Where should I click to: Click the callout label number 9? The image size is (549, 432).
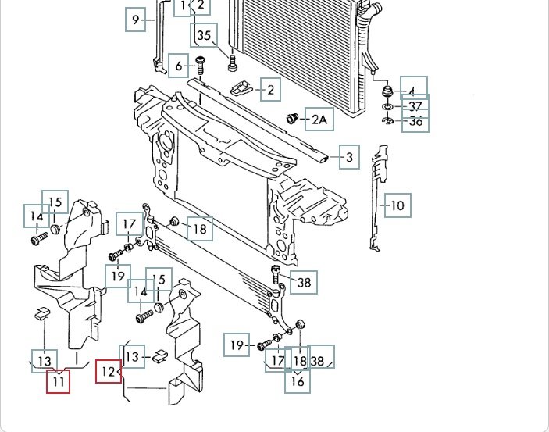click(x=137, y=20)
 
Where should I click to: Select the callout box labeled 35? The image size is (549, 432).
click(x=204, y=35)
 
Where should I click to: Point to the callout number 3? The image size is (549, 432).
click(x=350, y=158)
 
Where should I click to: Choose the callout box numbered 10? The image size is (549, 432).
click(x=397, y=205)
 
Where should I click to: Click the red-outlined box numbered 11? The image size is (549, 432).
click(x=59, y=382)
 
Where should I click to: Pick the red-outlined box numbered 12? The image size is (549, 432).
click(x=108, y=372)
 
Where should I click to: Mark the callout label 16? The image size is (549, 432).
click(x=298, y=381)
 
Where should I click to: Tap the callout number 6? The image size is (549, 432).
click(x=179, y=66)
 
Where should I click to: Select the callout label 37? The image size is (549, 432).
click(x=415, y=106)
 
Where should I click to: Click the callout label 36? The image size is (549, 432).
click(x=415, y=122)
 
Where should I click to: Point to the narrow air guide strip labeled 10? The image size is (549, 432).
click(x=379, y=198)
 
